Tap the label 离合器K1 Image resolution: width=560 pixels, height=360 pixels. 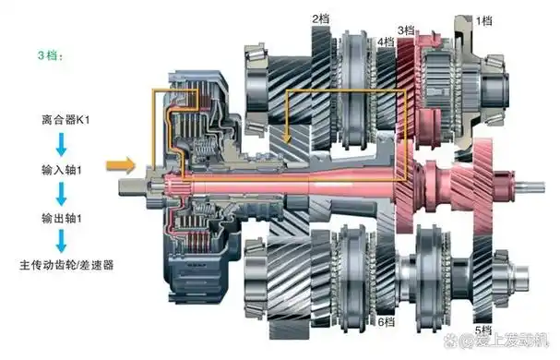(66, 119)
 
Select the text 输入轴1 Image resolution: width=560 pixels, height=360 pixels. (62, 170)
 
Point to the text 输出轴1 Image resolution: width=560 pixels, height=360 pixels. (62, 218)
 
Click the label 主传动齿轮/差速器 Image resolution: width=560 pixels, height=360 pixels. (66, 265)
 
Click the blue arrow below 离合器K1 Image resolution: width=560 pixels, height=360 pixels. (61, 144)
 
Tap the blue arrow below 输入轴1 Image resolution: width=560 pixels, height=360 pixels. (61, 194)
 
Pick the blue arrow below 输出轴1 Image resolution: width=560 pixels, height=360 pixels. (61, 241)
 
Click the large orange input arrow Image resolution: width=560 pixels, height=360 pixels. (121, 165)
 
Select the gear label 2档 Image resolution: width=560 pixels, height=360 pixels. (320, 19)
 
